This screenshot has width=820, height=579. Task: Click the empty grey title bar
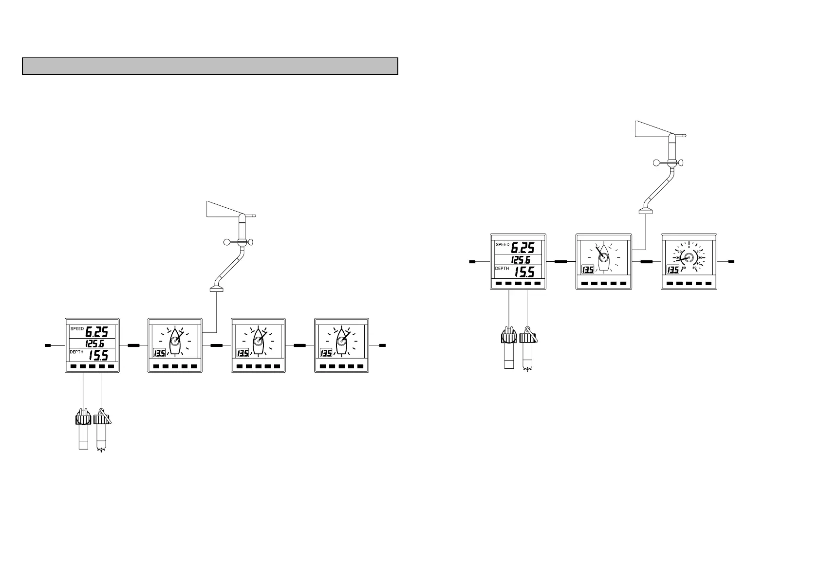(210, 66)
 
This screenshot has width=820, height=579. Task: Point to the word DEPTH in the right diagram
(502, 269)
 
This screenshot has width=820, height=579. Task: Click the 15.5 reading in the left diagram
(97, 356)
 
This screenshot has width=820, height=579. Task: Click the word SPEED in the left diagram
(77, 329)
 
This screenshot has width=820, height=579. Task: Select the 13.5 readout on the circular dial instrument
(673, 270)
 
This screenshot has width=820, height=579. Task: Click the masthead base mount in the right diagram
(646, 211)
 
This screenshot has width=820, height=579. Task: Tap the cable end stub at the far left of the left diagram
(48, 345)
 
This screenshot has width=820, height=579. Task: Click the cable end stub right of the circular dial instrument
(731, 262)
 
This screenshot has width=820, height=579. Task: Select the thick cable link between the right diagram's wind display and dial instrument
(646, 262)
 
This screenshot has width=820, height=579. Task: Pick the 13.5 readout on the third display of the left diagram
(242, 353)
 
